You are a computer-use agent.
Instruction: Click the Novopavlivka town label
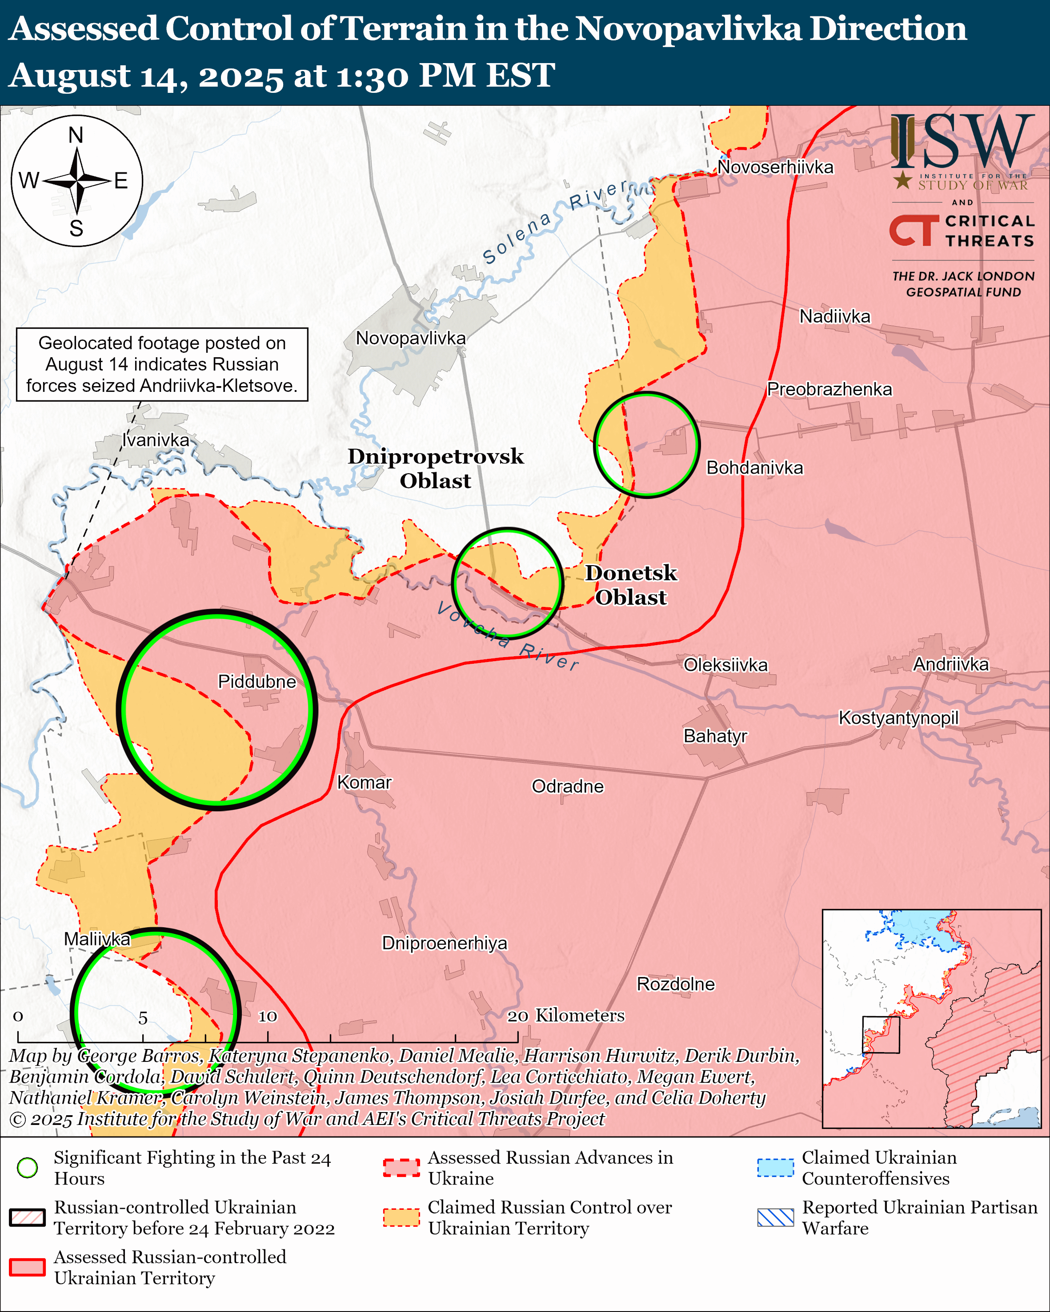coord(411,339)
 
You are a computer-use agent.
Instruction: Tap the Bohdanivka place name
coord(754,467)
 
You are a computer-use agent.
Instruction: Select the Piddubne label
coord(257,681)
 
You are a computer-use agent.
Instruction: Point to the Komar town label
coord(364,782)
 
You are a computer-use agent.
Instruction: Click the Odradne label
coord(567,786)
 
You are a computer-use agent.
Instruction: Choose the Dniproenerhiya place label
coord(445,943)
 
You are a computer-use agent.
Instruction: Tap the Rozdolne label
coord(676,984)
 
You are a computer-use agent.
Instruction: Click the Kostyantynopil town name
coord(898,718)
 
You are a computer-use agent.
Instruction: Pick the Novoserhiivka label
coord(775,167)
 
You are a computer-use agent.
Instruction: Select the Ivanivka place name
coord(156,439)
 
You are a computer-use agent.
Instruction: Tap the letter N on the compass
coord(76,135)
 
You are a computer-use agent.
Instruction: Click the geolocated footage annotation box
coord(162,364)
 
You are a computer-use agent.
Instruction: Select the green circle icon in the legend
coord(28,1167)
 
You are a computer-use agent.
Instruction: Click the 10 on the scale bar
coord(267,1016)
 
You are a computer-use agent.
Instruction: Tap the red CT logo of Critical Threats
coord(913,230)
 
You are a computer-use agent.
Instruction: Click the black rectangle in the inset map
coord(881,1034)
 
